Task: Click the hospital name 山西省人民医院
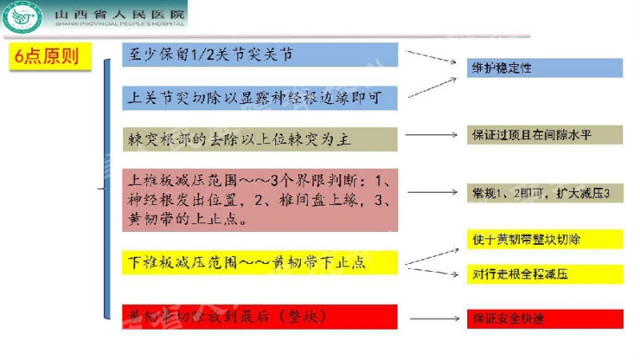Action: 120,14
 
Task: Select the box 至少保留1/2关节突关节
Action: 260,54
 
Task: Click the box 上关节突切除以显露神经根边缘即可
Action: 260,98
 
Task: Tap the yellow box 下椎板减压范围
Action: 260,262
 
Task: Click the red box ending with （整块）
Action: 260,317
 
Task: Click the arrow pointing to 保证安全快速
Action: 432,318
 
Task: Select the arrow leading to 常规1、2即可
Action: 432,194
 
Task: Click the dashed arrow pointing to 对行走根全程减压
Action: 432,270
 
